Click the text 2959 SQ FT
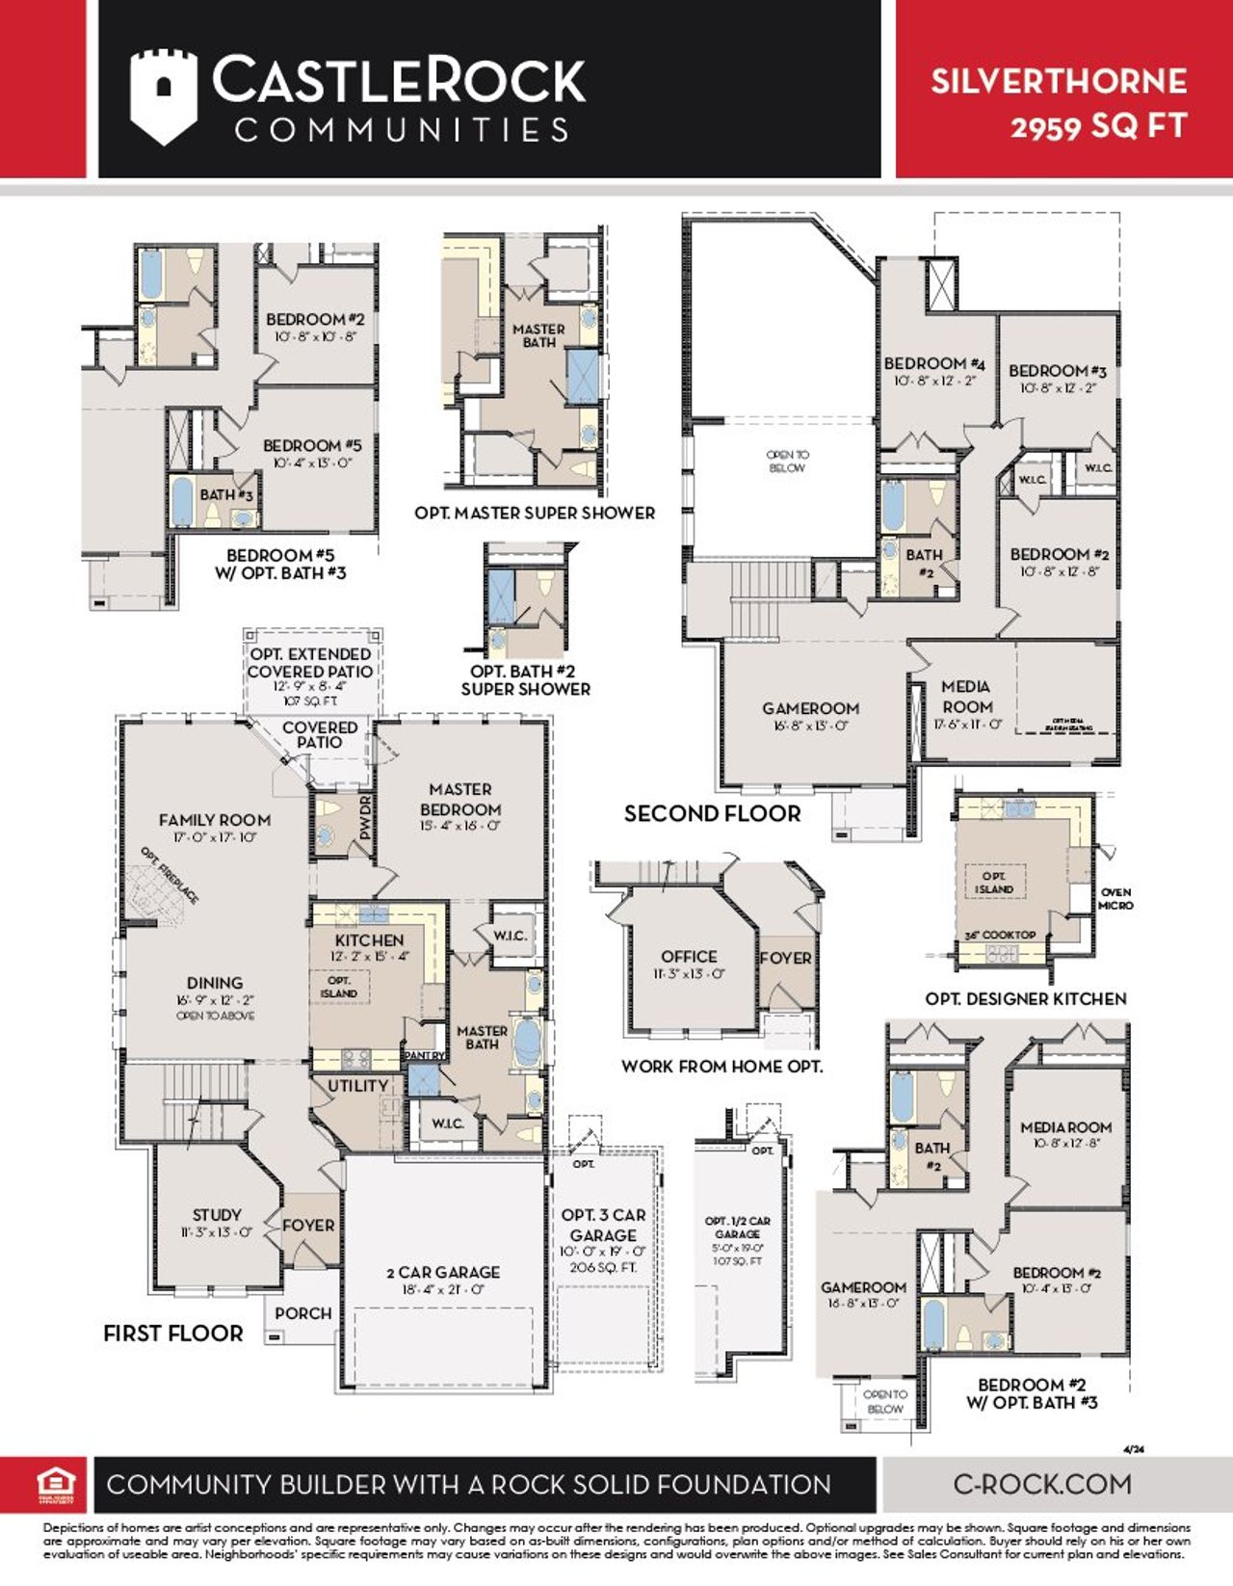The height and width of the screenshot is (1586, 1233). click(x=1097, y=126)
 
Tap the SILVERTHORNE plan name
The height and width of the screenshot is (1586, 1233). click(x=1058, y=81)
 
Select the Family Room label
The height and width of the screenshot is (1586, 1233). click(x=215, y=820)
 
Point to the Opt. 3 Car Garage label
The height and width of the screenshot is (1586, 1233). click(x=603, y=1225)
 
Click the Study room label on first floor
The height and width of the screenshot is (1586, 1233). click(x=217, y=1215)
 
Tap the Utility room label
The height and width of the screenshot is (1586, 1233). click(x=357, y=1086)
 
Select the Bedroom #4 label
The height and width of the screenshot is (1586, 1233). click(x=933, y=363)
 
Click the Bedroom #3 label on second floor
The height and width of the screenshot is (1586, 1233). click(x=1057, y=371)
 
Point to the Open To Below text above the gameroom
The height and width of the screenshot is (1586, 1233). click(x=788, y=461)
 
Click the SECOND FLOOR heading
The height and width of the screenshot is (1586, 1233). click(x=712, y=814)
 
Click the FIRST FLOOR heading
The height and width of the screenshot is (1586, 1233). click(x=173, y=1334)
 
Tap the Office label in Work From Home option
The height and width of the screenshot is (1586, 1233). click(x=689, y=957)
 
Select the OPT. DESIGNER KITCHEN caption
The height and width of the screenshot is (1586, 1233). click(x=1026, y=999)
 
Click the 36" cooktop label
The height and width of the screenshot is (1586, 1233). click(x=1001, y=935)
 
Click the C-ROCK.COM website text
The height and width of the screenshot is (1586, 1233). click(x=1042, y=1484)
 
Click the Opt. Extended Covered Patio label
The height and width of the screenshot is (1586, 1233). click(x=310, y=663)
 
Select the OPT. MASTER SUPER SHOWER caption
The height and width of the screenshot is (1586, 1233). click(x=535, y=514)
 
